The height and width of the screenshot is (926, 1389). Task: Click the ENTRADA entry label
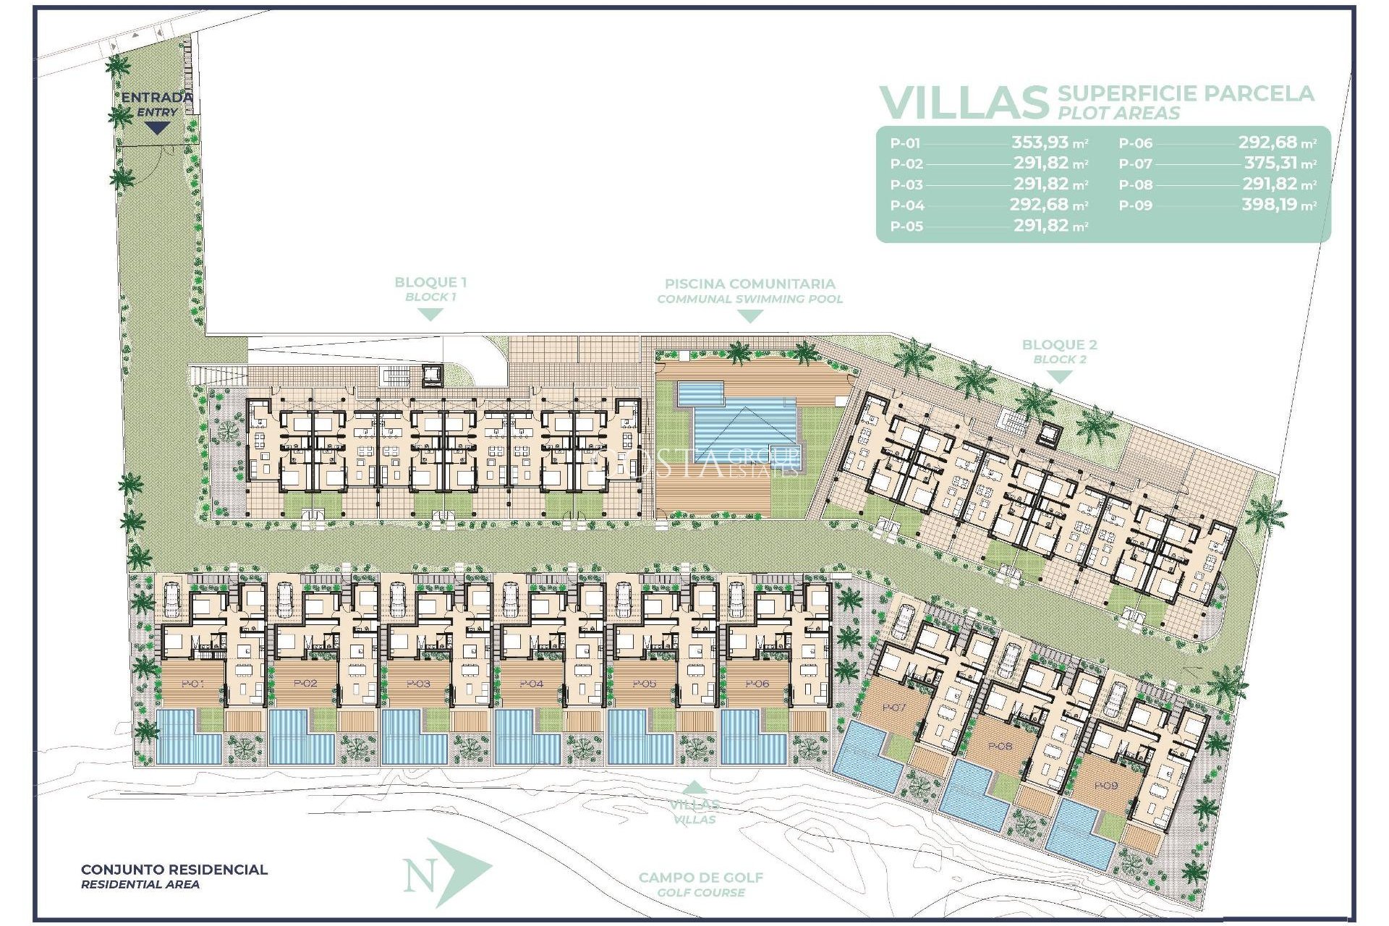click(156, 98)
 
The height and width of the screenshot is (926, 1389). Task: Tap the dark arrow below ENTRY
click(156, 128)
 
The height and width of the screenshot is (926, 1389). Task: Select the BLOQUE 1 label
click(430, 283)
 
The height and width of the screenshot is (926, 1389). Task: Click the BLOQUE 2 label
click(1059, 345)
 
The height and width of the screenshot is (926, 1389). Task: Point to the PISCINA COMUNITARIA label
click(749, 284)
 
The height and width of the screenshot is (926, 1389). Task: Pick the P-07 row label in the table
click(1135, 164)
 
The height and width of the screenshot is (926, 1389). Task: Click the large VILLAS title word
click(963, 103)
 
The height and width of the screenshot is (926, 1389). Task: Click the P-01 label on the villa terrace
click(192, 684)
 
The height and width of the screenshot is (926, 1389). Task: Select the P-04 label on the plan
click(532, 684)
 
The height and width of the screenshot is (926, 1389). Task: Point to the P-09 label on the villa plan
click(1105, 786)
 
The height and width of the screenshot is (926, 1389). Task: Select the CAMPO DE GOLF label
click(700, 878)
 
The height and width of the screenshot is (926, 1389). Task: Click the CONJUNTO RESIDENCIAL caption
click(174, 870)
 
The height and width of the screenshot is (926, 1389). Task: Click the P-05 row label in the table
click(906, 226)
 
